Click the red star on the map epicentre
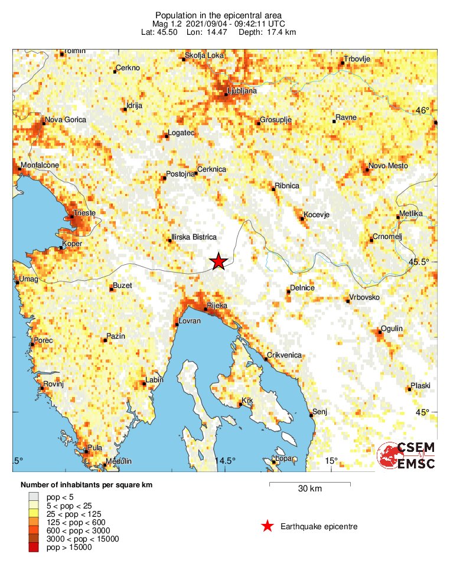click(x=219, y=261)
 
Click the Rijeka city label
click(x=216, y=306)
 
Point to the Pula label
click(x=94, y=448)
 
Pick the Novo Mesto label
click(x=388, y=166)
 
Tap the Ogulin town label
click(x=392, y=329)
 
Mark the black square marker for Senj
click(x=311, y=415)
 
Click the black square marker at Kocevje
click(x=302, y=219)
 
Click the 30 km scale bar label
click(x=309, y=489)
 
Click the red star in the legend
click(x=268, y=526)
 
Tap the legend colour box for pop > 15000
click(x=33, y=547)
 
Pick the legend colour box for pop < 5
click(x=33, y=498)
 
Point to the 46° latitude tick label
click(x=422, y=110)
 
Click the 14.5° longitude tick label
click(x=225, y=461)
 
